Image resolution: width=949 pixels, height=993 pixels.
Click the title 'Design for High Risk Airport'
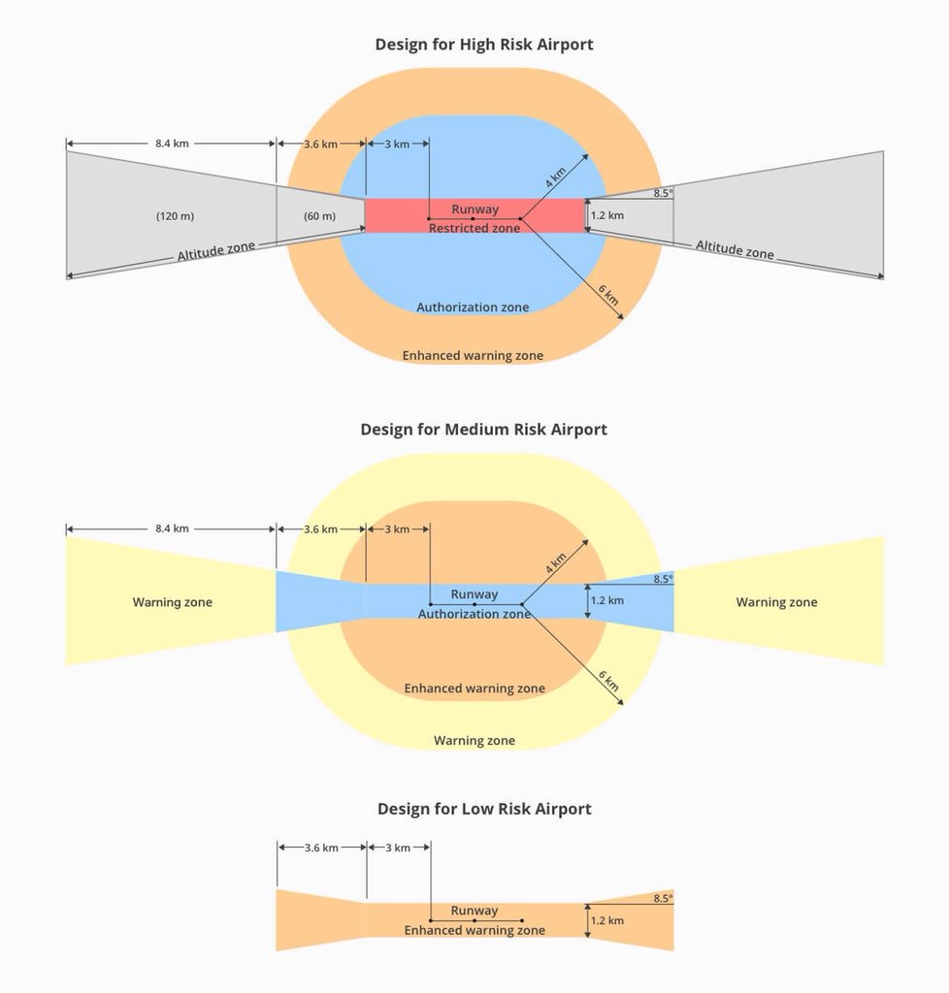click(483, 44)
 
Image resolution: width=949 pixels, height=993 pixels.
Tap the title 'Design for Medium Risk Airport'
click(483, 429)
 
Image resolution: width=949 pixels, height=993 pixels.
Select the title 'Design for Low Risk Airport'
click(483, 809)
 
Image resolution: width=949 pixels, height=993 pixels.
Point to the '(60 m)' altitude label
click(319, 216)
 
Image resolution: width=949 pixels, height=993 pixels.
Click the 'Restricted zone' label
click(474, 229)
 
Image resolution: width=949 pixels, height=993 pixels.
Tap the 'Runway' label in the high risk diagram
click(474, 208)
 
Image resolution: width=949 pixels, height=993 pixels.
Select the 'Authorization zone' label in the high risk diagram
click(473, 307)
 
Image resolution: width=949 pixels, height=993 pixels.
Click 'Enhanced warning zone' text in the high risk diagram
click(473, 356)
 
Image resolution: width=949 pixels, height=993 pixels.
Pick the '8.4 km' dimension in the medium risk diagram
click(172, 529)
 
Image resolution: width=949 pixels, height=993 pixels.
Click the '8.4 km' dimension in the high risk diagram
click(172, 144)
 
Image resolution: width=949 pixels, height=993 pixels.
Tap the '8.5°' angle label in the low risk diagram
click(663, 899)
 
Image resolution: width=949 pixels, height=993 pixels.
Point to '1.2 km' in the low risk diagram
click(607, 920)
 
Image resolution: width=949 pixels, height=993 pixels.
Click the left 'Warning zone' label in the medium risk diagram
click(172, 602)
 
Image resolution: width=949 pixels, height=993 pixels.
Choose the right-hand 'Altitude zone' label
click(735, 249)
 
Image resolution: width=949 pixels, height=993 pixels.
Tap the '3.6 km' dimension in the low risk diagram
click(321, 848)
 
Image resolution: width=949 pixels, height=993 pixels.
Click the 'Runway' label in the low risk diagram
click(474, 911)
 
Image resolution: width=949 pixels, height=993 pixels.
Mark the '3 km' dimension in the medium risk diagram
click(396, 529)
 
